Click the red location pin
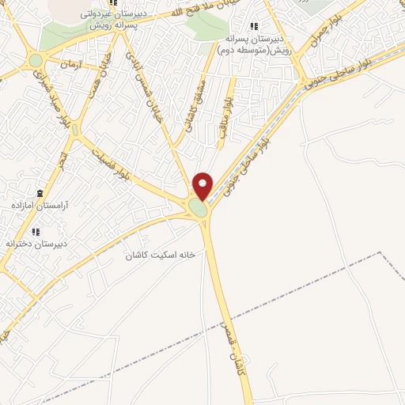pyautogui.click(x=203, y=185)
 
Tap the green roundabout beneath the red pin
pyautogui.click(x=198, y=208)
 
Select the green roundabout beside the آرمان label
pyautogui.click(x=36, y=61)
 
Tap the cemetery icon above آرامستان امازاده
pyautogui.click(x=40, y=192)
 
